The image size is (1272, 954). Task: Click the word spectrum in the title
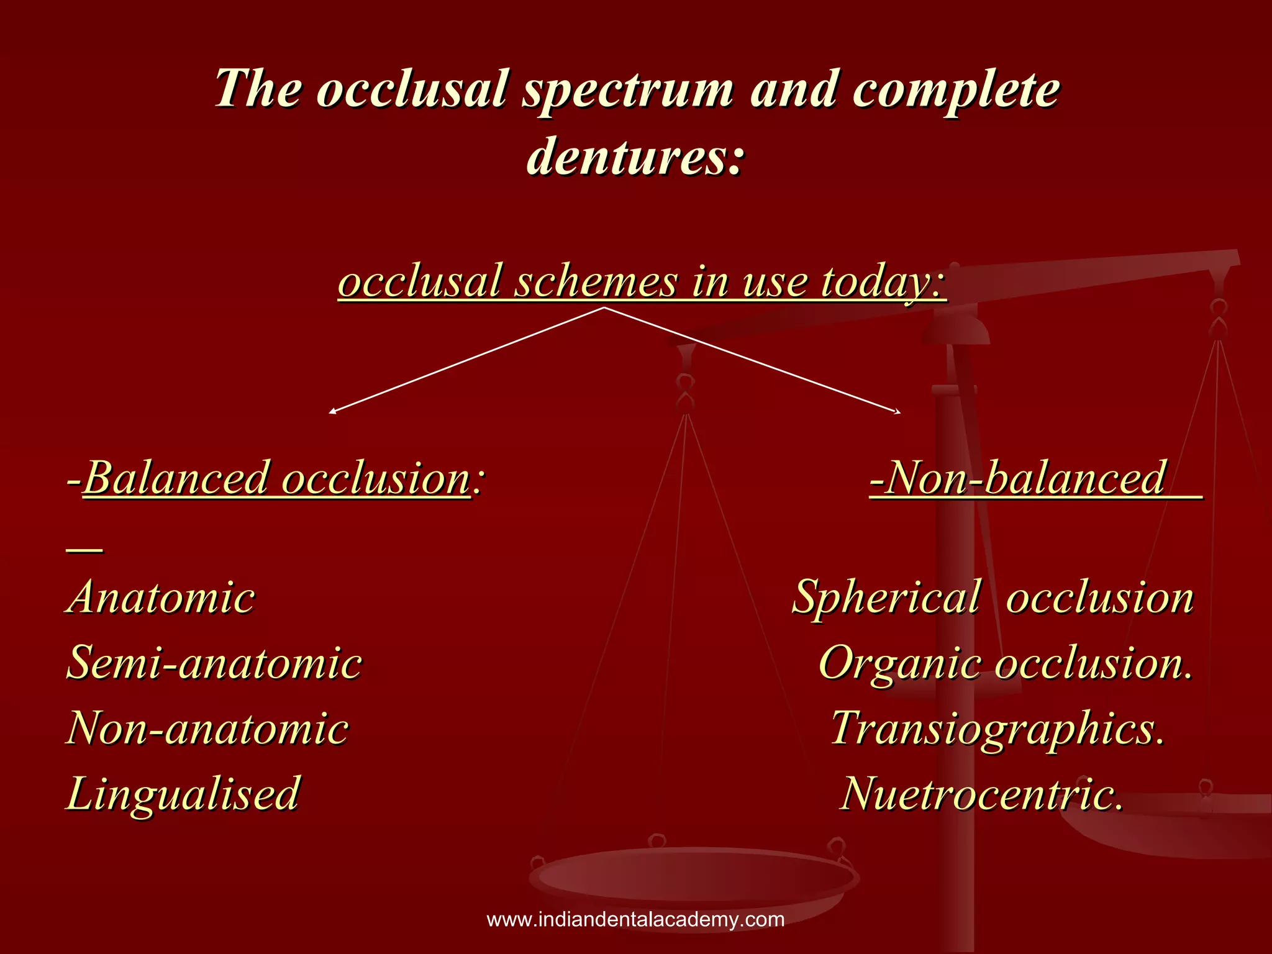click(x=628, y=91)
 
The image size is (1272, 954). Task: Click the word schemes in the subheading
click(x=596, y=282)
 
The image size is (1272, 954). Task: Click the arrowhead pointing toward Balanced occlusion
click(x=333, y=411)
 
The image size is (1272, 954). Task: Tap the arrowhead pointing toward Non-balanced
click(x=897, y=411)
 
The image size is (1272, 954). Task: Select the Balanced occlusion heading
click(x=277, y=478)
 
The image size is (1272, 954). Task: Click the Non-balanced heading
click(x=1025, y=478)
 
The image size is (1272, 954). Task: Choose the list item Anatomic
click(x=161, y=597)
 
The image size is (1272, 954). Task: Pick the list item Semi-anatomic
click(x=214, y=663)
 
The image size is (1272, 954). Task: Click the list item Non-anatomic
click(x=207, y=728)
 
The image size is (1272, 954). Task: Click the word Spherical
click(x=887, y=597)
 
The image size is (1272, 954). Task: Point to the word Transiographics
click(x=997, y=728)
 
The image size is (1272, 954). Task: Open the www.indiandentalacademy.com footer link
click(x=635, y=919)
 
